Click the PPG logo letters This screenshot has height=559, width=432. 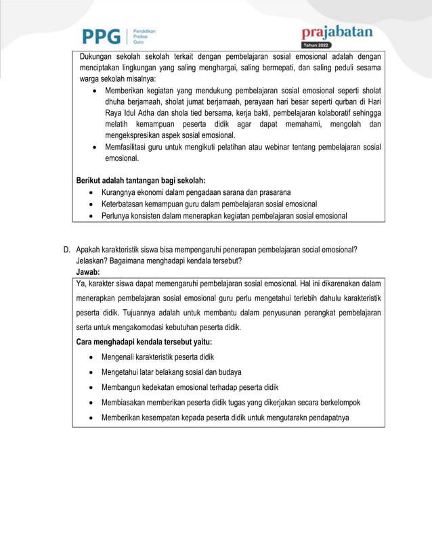[x=102, y=36]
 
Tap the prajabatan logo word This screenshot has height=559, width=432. [x=337, y=32]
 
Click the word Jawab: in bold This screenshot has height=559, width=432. [x=88, y=271]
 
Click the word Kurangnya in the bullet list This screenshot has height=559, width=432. [x=120, y=192]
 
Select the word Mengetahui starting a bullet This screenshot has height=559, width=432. [x=123, y=372]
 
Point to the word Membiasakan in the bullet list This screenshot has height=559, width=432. [x=125, y=402]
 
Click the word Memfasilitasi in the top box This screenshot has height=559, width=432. [x=126, y=147]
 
